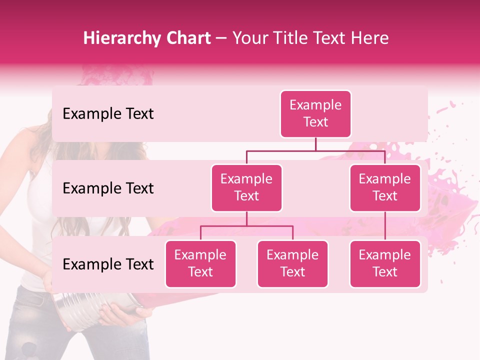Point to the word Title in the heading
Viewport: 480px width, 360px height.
(x=296, y=38)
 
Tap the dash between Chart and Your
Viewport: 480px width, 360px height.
(x=221, y=39)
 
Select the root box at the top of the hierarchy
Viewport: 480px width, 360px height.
(x=315, y=113)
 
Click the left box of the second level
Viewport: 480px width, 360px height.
(x=246, y=187)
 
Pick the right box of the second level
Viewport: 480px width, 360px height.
(x=385, y=187)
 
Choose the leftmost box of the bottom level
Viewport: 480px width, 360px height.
(x=200, y=263)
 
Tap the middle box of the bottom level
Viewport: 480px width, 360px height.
(x=292, y=263)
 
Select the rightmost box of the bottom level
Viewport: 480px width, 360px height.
(x=385, y=263)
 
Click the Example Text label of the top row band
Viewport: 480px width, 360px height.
(x=108, y=114)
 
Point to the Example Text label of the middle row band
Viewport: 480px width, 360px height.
(x=108, y=188)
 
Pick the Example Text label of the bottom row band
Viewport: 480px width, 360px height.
(x=108, y=264)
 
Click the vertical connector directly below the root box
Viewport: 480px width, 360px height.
(x=315, y=144)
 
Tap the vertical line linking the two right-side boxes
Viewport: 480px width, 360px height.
(x=385, y=226)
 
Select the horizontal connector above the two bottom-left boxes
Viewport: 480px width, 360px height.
(x=246, y=226)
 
